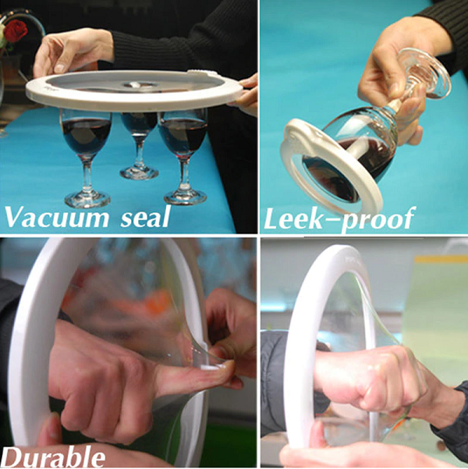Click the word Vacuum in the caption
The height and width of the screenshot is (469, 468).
(x=57, y=217)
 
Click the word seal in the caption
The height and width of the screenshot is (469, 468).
(x=145, y=217)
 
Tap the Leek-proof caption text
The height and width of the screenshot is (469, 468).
(x=339, y=219)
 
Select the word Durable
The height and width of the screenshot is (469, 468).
(x=53, y=457)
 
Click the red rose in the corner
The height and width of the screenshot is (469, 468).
(x=15, y=30)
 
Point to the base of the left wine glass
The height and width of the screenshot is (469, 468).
(x=87, y=199)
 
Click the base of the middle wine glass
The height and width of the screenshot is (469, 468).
(x=139, y=173)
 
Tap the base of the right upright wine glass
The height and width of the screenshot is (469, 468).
(x=186, y=197)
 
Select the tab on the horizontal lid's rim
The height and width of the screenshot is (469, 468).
(x=201, y=73)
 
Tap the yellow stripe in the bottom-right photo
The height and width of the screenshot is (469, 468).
(x=441, y=259)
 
